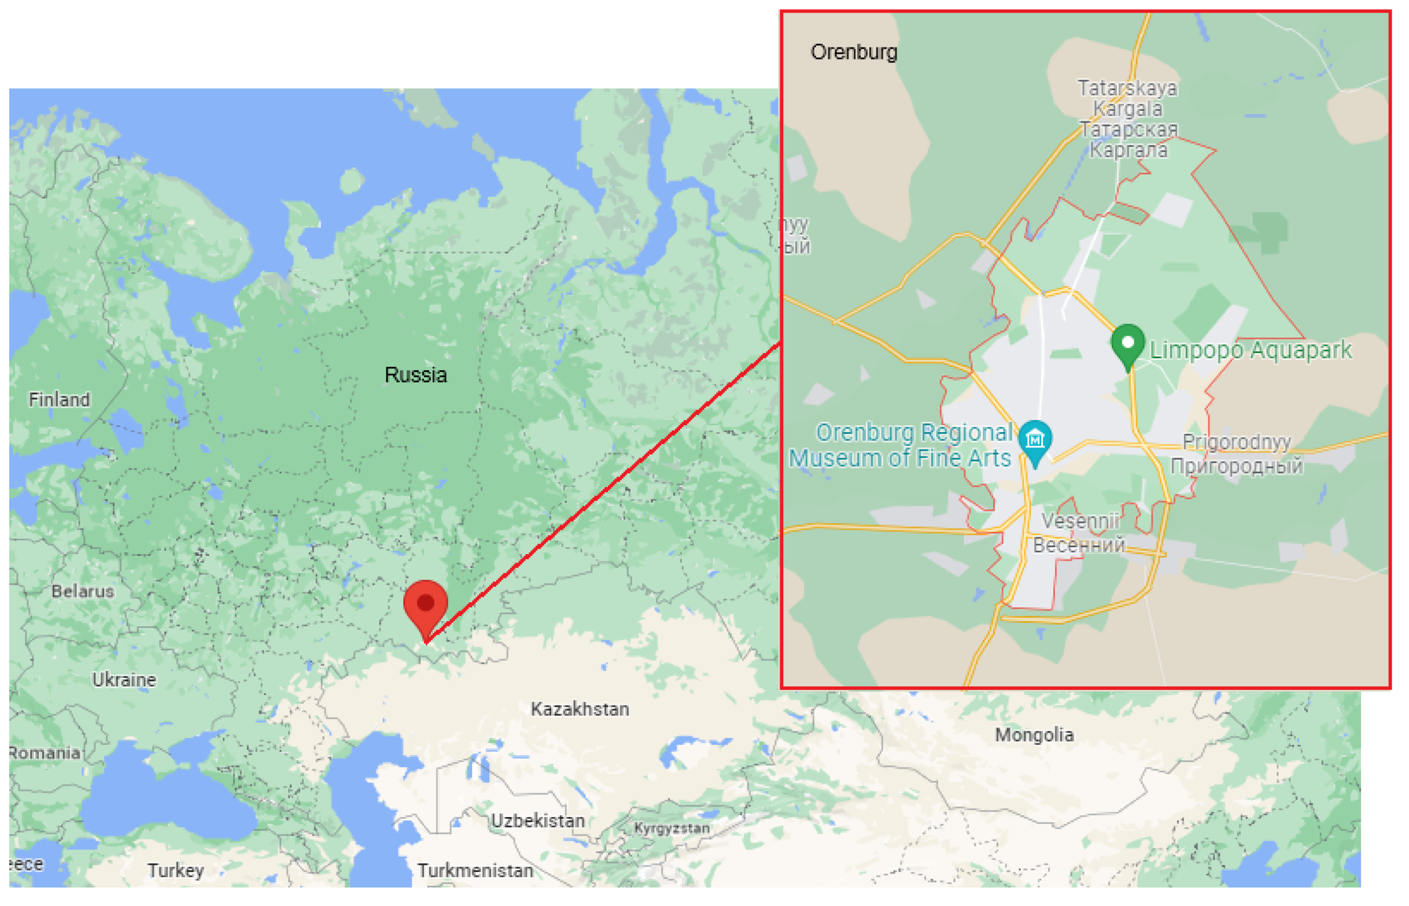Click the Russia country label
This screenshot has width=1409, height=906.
pos(416,376)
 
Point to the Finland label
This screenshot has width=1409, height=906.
pos(60,400)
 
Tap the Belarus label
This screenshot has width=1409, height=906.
pos(83,591)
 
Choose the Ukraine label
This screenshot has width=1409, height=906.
pos(124,680)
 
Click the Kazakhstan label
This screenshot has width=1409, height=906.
pos(580,710)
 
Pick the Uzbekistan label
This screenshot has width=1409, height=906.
pos(538,821)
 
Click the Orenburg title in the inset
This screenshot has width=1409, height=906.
pos(854,53)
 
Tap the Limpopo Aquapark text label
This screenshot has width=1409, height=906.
pos(1251,351)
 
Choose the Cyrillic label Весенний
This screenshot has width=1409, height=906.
pos(1079,545)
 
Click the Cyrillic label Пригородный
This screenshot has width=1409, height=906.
pos(1237,466)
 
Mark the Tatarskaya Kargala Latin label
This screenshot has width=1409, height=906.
pos(1127,98)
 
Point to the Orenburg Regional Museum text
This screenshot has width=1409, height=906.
pos(901,445)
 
